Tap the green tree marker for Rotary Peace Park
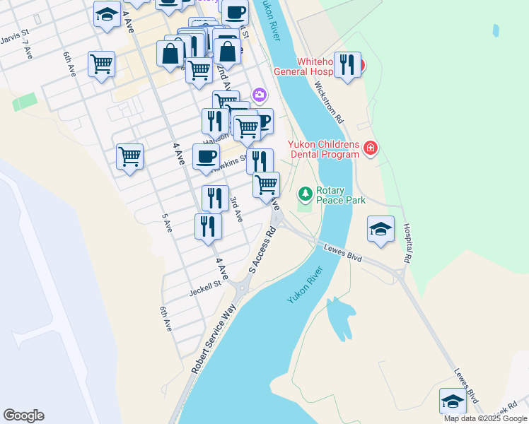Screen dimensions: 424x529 point(305,193)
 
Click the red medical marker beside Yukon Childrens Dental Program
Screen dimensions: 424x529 point(371,148)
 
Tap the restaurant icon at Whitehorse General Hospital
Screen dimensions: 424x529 point(347,65)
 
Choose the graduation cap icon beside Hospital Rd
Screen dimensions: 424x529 point(380,229)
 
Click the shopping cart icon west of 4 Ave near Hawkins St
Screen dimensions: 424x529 point(130,157)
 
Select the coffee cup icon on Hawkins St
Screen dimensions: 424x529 point(206,157)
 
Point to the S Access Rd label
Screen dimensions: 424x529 point(262,251)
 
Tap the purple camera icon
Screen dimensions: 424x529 point(260,95)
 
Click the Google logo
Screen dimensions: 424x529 point(23,416)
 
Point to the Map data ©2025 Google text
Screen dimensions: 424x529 point(485,418)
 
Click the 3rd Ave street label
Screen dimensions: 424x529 point(236,209)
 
